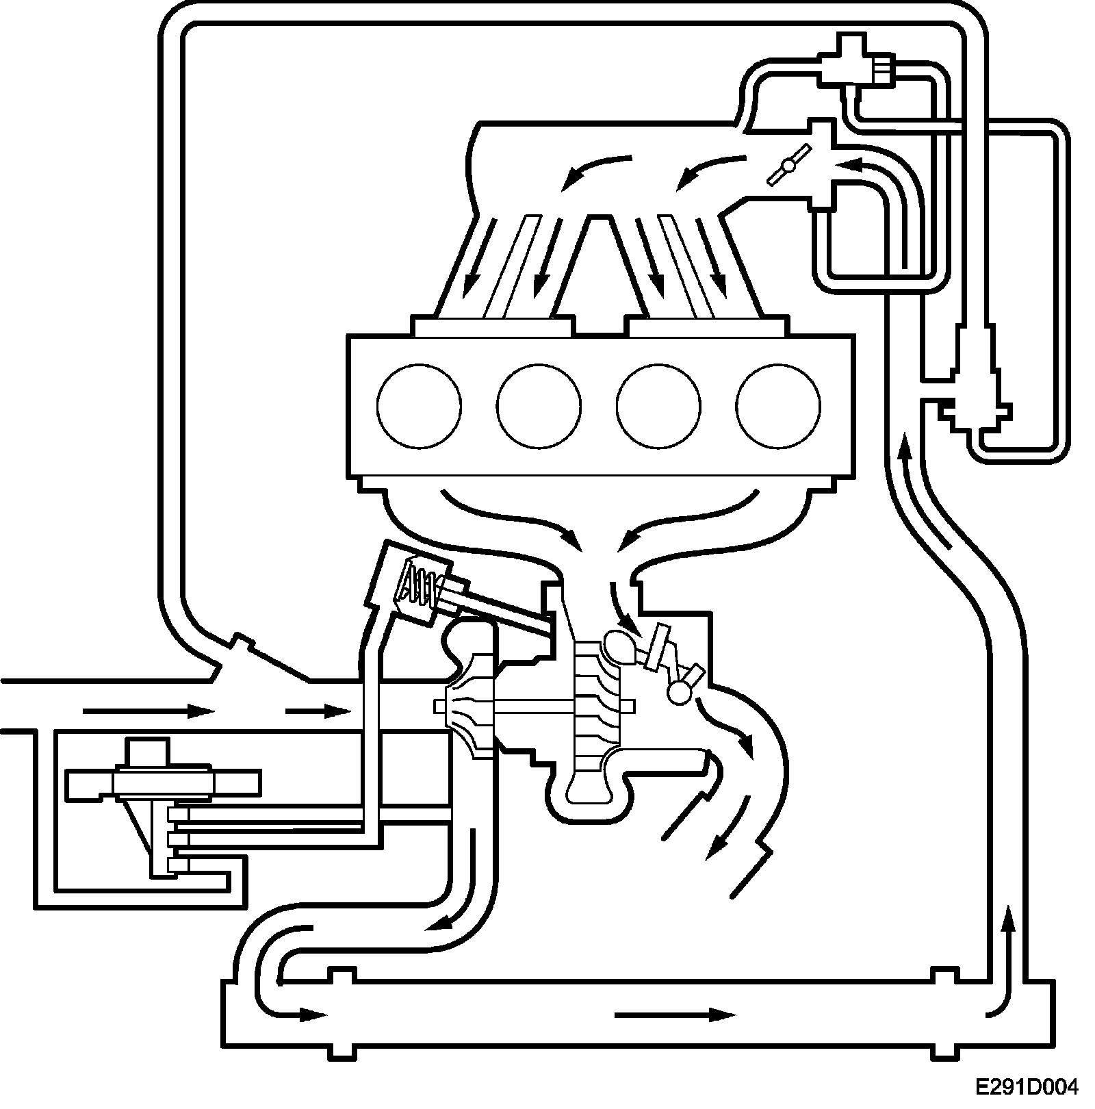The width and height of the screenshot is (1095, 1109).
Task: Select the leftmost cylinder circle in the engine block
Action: (419, 407)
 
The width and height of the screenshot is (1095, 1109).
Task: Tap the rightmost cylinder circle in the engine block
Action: (778, 407)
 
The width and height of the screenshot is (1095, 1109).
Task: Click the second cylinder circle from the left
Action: (539, 407)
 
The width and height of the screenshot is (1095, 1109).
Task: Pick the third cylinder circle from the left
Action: (658, 407)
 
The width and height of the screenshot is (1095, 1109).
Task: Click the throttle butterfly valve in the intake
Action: (788, 165)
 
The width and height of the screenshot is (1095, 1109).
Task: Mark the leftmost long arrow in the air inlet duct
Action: (148, 711)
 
